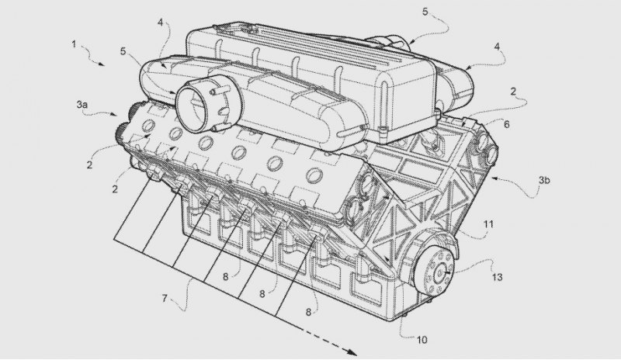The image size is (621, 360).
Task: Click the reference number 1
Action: (x=74, y=43)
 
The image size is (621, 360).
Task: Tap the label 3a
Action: (x=82, y=105)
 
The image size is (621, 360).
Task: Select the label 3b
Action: (x=544, y=180)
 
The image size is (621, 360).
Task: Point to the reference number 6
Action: (x=507, y=125)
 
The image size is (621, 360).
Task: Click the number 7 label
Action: (x=165, y=298)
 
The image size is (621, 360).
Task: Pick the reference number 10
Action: (x=422, y=339)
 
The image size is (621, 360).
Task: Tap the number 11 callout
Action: (x=489, y=224)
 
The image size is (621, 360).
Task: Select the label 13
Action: (x=497, y=277)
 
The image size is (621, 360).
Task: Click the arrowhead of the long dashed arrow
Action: (x=352, y=352)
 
